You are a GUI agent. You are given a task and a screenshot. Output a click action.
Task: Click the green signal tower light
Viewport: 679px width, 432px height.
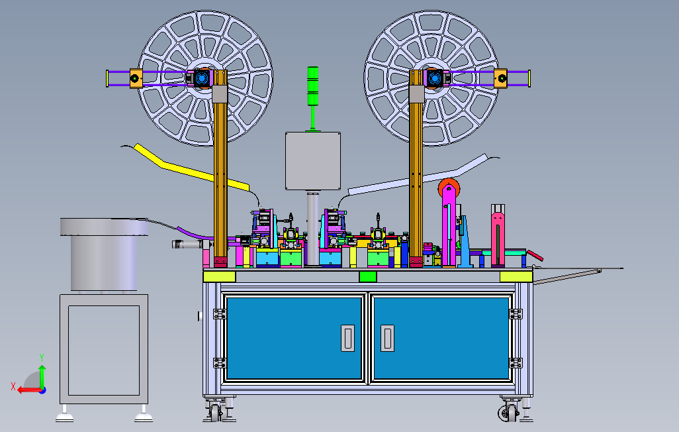(x=312, y=86)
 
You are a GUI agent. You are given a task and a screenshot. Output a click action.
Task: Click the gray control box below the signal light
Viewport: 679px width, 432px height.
(x=312, y=161)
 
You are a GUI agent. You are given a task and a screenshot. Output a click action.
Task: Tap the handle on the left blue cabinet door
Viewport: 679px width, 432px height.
(x=347, y=338)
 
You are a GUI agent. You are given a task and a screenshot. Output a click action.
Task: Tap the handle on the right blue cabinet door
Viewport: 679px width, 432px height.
(x=387, y=338)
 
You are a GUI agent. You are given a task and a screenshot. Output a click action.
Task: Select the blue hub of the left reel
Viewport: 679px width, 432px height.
(x=201, y=78)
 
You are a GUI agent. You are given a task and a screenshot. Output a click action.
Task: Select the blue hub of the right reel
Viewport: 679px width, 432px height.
(x=434, y=78)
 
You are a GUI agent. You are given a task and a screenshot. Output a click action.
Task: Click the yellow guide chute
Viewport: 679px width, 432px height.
(x=190, y=168)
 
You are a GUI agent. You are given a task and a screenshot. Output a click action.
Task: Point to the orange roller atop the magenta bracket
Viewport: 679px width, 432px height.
(x=449, y=188)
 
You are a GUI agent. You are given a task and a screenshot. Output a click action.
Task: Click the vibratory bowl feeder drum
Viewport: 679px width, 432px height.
(x=104, y=254)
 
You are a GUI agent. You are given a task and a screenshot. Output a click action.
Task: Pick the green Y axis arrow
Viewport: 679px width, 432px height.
(x=42, y=376)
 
